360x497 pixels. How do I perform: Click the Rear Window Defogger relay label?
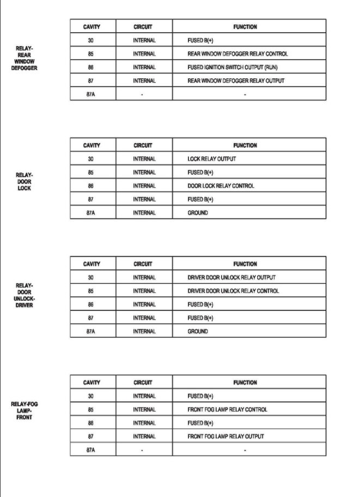tap(25, 58)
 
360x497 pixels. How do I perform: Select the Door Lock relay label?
tap(25, 182)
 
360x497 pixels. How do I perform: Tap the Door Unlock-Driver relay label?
tap(25, 295)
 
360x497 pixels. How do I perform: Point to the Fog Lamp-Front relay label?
tap(25, 410)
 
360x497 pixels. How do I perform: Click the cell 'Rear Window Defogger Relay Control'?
tap(237, 54)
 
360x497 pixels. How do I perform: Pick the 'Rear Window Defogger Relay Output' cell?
tap(236, 81)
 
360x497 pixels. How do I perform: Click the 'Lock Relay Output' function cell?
tap(212, 159)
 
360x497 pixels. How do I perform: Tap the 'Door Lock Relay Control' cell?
tap(221, 186)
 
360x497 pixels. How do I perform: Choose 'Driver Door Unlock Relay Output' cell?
tap(231, 278)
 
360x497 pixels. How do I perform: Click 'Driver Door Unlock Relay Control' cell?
tap(233, 291)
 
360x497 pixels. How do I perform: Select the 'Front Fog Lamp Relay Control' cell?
tap(227, 409)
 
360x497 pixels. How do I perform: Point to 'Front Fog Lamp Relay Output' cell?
tap(225, 436)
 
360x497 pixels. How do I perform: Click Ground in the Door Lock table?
tap(198, 212)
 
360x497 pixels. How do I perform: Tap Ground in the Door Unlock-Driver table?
tap(198, 331)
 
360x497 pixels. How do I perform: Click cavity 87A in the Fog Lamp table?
tap(91, 450)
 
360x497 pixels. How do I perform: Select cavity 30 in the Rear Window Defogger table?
tap(91, 40)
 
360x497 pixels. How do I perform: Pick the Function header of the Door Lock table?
tap(245, 145)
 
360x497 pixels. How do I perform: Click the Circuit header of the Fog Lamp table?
tap(143, 383)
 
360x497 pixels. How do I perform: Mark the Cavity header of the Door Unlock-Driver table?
tap(91, 264)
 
